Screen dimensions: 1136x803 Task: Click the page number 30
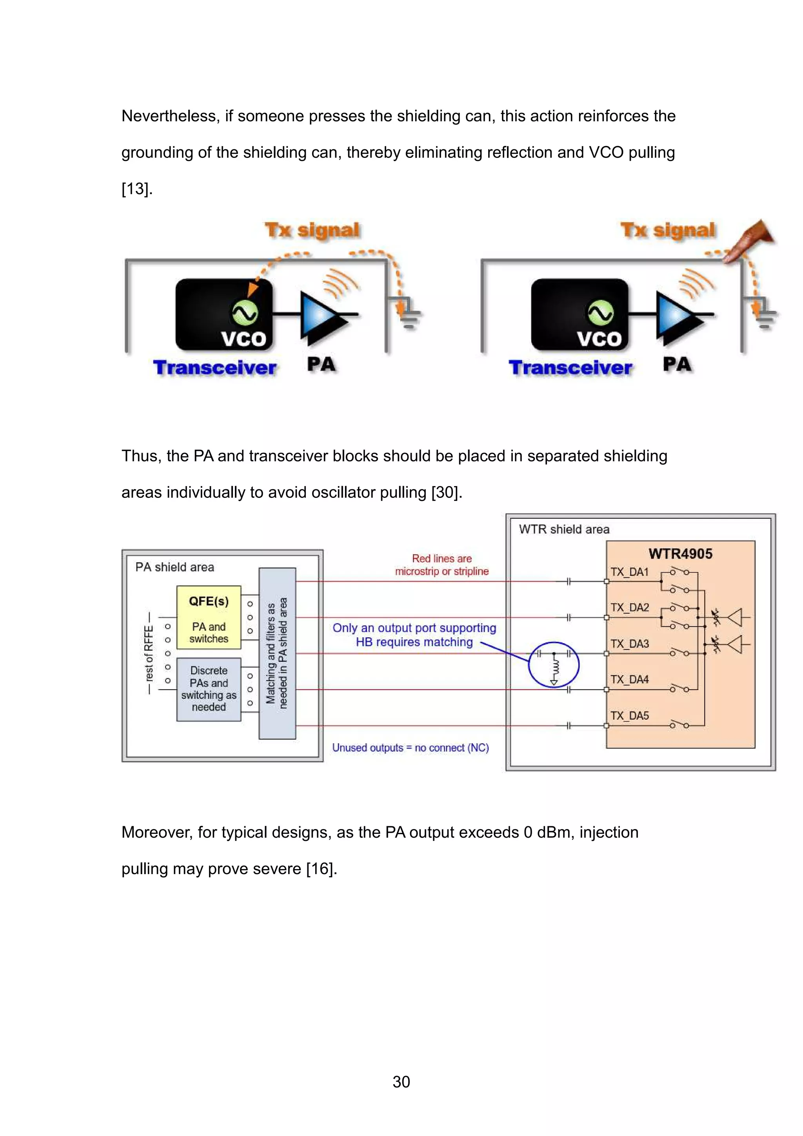[401, 1082]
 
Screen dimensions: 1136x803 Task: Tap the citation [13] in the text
[136, 189]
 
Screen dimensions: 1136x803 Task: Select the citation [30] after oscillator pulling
[445, 492]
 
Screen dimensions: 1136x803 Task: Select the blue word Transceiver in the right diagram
[570, 368]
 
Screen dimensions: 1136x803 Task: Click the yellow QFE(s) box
[208, 617]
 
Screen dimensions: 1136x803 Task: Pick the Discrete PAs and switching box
[208, 689]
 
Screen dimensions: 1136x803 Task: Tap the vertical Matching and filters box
[277, 653]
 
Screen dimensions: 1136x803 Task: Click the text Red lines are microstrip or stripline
[441, 564]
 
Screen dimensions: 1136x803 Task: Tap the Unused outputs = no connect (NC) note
[410, 748]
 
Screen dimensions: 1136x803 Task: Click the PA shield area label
[174, 567]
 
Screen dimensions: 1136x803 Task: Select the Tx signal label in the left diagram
[312, 230]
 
